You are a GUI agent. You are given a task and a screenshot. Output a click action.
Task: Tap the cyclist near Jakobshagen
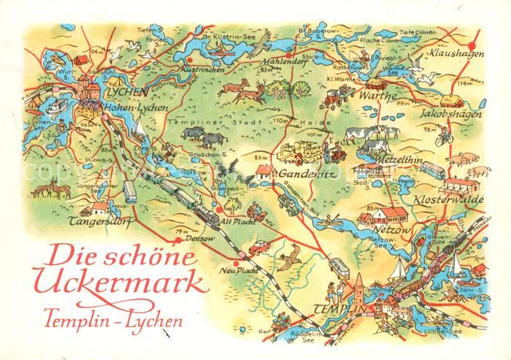(439, 137)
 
